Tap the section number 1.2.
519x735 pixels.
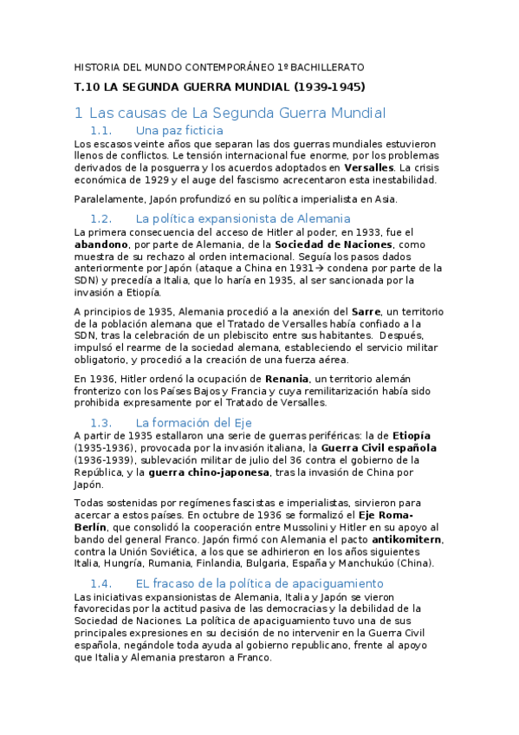click(101, 218)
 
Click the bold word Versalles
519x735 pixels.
click(368, 167)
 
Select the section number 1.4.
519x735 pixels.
click(101, 583)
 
